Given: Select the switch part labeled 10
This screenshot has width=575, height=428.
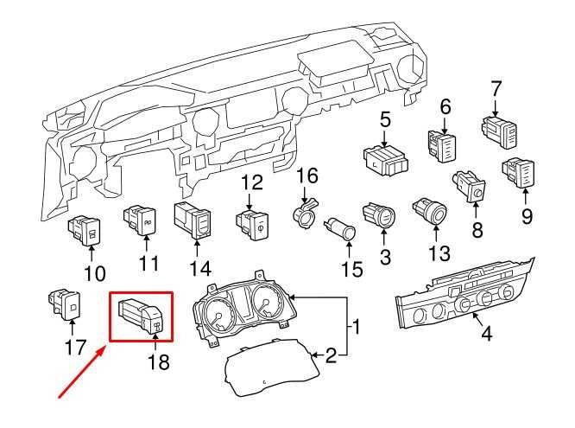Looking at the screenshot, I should (x=85, y=230).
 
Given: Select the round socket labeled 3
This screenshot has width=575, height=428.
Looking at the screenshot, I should (x=380, y=214).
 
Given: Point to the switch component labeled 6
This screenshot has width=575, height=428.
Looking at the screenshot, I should (x=440, y=144).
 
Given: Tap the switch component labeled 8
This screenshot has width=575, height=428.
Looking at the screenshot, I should (x=471, y=185).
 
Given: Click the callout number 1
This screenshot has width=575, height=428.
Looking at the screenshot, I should (x=355, y=329).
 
